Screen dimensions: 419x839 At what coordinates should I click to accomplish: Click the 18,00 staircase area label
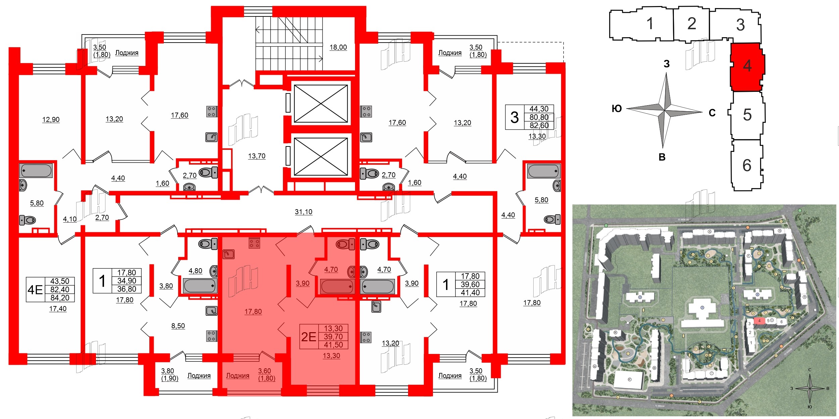coord(338,47)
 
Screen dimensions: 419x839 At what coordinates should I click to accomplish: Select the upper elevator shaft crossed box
coord(321,104)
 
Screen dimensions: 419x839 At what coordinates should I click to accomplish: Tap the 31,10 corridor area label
coord(303,212)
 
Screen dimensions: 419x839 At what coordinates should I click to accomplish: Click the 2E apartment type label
coord(308,337)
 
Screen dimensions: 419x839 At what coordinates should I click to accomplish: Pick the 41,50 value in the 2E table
coord(333,345)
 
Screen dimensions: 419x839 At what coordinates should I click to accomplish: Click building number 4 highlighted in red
coord(747,66)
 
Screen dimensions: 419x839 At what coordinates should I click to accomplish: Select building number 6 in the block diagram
coord(747,165)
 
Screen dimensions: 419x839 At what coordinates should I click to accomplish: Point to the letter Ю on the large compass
coord(617,109)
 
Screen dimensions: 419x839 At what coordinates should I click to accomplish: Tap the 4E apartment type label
coord(35,290)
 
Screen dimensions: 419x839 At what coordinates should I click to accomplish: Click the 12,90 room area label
coord(51,120)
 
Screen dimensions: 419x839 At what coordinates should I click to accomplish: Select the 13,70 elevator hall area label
coord(257,156)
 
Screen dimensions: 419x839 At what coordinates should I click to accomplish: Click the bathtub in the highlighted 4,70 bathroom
coord(337,287)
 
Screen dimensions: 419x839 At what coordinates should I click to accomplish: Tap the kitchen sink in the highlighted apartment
coord(229,254)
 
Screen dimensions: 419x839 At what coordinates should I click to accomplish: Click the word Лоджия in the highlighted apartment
coord(238,375)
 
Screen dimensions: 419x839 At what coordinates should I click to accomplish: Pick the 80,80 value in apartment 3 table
coord(539,117)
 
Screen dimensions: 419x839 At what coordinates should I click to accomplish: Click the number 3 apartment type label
coord(514,117)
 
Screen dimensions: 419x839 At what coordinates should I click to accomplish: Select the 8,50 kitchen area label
coord(178,326)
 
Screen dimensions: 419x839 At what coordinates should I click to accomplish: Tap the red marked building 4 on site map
coord(759,321)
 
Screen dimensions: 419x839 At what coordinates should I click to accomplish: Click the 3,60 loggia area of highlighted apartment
coord(264,371)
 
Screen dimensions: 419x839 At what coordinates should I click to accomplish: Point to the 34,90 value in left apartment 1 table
coord(127,281)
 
